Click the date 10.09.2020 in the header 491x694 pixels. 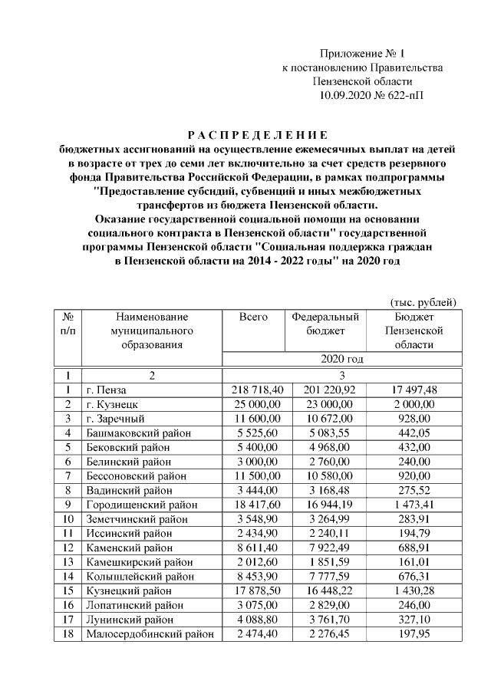(x=346, y=95)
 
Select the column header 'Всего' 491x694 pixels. (x=254, y=317)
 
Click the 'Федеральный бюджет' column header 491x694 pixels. (x=326, y=324)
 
